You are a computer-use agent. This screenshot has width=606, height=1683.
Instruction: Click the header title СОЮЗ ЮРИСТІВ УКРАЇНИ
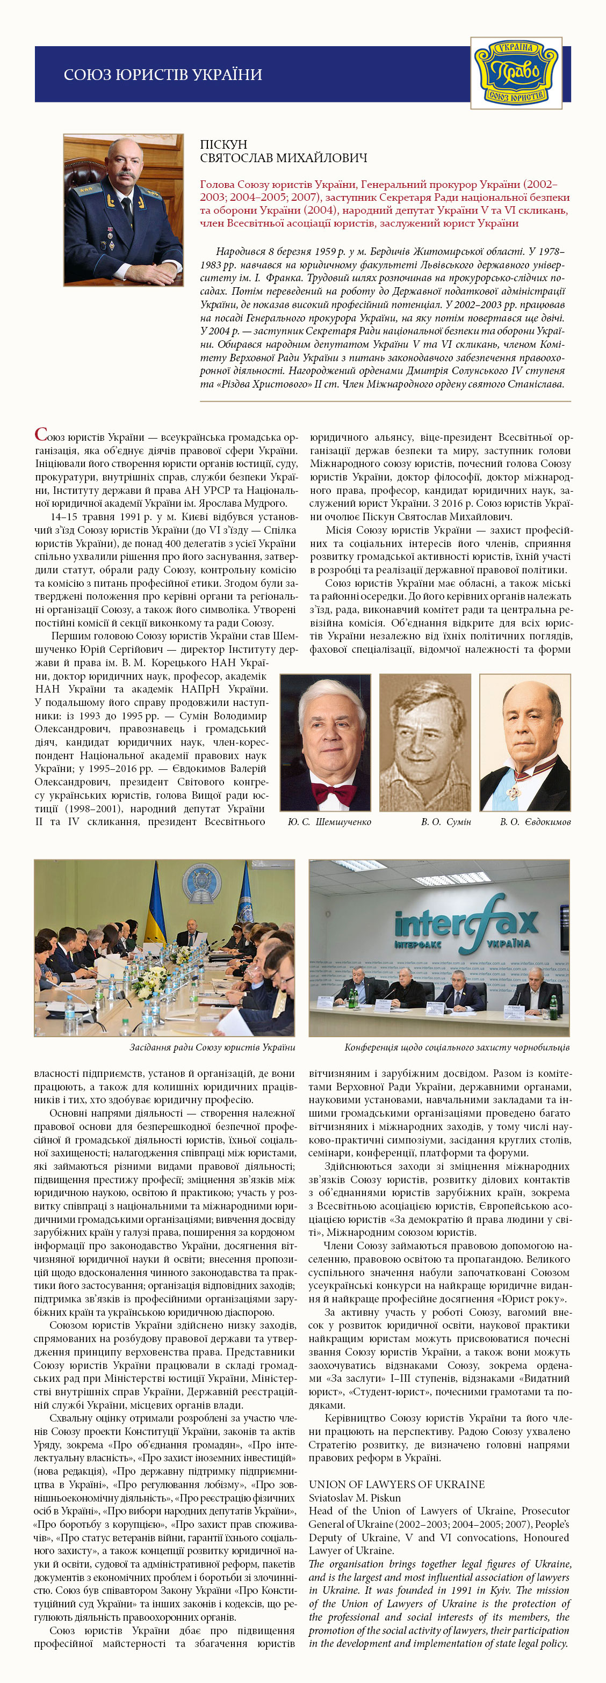[163, 75]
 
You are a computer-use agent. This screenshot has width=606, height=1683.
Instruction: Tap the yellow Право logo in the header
[516, 73]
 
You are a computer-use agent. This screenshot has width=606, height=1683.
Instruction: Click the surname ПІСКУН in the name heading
[223, 144]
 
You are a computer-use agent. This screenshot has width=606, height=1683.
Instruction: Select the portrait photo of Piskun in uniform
[123, 210]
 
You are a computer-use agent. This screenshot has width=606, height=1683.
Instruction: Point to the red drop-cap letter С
[40, 434]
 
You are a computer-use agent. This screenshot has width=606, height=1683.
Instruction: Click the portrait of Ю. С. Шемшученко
[325, 742]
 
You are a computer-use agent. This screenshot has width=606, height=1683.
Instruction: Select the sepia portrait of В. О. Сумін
[425, 742]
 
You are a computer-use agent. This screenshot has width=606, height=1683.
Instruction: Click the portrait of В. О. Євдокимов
[524, 742]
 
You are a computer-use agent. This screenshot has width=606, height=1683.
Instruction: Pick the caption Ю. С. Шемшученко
[329, 822]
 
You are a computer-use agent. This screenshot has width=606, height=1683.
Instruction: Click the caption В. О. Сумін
[446, 822]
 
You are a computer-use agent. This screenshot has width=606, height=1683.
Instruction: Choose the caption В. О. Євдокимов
[535, 822]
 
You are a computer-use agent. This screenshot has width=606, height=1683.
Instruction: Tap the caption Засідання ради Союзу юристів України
[212, 1047]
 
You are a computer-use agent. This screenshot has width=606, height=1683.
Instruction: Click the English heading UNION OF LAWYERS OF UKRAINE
[396, 1484]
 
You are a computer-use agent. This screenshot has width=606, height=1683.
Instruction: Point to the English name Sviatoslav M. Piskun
[355, 1497]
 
